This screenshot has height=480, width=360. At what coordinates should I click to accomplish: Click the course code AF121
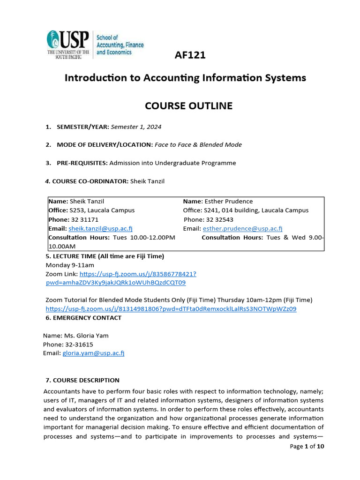point(190,55)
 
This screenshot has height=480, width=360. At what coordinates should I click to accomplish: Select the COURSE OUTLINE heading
point(189,106)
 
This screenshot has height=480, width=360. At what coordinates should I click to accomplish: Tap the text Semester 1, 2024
point(136,127)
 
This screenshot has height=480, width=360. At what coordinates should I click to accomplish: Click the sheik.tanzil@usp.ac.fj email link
point(100,228)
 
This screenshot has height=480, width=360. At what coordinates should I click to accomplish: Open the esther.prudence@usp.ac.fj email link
point(242,228)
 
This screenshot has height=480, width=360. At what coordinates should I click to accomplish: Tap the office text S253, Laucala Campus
point(102,210)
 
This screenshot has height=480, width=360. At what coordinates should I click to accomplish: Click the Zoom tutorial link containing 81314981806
point(171,309)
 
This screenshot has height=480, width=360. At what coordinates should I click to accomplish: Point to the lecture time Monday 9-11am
point(69,265)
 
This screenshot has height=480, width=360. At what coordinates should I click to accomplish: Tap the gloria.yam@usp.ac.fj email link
point(93,353)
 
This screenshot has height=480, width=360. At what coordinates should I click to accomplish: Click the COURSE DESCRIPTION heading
point(82,380)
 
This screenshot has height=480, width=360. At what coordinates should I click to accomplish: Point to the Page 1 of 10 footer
point(307,446)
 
